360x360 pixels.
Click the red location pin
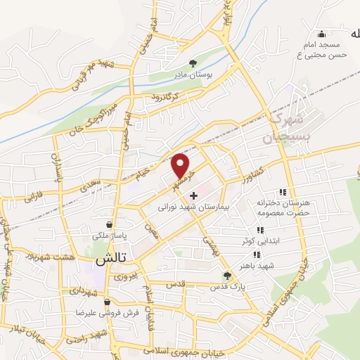coord(181,165)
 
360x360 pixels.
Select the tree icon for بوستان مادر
coord(195,62)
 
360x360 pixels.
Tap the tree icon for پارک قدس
coord(226,276)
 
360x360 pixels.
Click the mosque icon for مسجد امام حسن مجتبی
coord(322,34)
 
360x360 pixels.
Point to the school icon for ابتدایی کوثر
coord(259,229)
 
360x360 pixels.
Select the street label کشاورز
coord(250,172)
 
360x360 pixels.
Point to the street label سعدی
coord(98,184)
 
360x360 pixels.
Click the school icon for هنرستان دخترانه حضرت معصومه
coord(283,191)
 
